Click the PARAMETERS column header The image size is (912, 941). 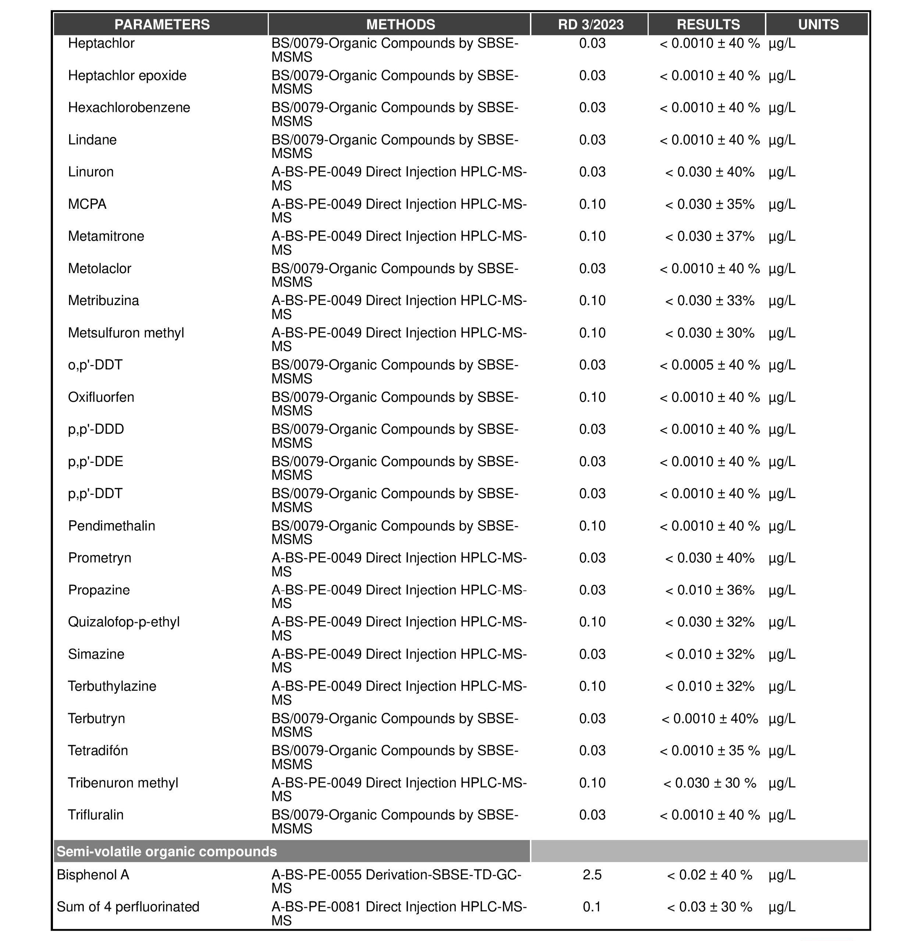pos(162,25)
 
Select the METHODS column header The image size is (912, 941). pos(400,25)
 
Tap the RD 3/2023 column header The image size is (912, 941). pos(590,25)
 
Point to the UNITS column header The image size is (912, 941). pos(818,25)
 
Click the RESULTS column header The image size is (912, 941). pos(708,25)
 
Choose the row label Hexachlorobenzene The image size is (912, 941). pos(129,108)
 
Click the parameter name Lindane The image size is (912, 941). pos(92,140)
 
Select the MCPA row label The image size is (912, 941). pos(87,204)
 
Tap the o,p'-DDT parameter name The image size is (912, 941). pos(95,365)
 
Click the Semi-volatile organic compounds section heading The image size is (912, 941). pos(167,852)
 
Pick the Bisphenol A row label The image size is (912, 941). pos(93,875)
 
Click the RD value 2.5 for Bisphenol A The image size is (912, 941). pos(592,875)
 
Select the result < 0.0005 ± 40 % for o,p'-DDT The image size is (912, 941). pos(709,365)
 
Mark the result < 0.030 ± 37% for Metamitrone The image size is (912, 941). pos(709,236)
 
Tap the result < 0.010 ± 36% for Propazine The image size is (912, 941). pos(709,590)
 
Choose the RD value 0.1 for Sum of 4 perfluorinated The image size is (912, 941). pos(592,907)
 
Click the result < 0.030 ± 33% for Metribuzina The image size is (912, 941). pos(709,301)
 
